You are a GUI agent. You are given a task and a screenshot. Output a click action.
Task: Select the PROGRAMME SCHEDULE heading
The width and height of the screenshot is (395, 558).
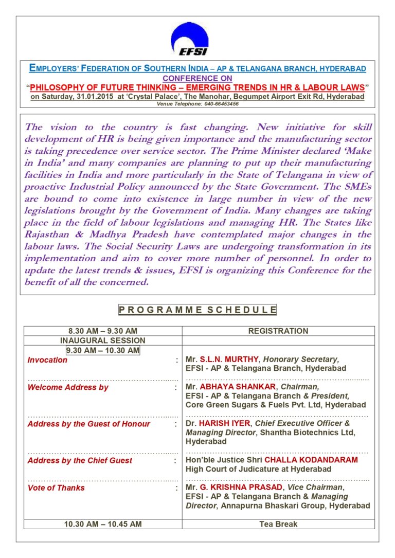197,310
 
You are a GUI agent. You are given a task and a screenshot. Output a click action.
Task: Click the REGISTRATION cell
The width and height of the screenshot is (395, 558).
278,331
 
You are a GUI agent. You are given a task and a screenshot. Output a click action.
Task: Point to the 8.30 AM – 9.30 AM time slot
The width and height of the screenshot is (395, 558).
103,331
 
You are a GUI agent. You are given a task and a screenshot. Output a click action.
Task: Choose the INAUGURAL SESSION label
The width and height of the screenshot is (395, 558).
103,340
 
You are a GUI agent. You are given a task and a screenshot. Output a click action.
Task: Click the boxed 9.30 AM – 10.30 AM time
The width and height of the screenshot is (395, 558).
103,350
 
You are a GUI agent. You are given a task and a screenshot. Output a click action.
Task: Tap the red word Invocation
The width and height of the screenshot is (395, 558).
47,360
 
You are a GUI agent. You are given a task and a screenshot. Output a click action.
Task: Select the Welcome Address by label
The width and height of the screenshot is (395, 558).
68,387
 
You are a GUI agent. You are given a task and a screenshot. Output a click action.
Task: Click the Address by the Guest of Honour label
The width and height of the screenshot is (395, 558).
88,424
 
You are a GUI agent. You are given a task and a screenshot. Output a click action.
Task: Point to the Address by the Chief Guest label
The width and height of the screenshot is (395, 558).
80,460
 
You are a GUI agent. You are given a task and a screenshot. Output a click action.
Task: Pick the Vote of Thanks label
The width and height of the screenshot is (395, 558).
56,488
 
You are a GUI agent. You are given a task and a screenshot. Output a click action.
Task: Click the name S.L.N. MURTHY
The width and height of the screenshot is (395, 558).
229,359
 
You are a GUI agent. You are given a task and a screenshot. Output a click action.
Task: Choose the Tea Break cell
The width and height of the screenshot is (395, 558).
278,524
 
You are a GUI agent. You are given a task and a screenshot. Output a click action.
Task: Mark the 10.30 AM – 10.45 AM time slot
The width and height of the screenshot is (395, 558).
103,524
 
